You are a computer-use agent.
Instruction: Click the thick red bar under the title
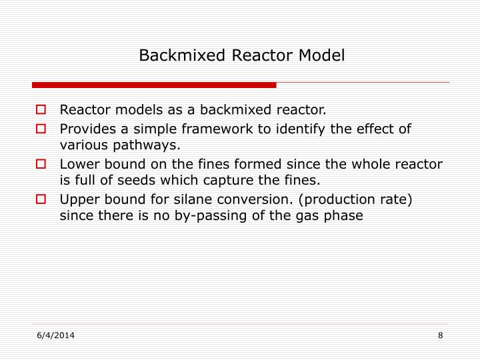click(154, 85)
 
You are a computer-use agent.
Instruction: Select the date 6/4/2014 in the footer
click(55, 335)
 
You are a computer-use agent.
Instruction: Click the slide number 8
click(441, 335)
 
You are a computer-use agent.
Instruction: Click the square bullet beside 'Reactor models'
click(41, 109)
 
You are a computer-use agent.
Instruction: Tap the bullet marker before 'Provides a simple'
click(41, 128)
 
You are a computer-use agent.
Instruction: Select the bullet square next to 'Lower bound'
click(41, 163)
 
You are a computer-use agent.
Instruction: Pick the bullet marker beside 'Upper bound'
click(41, 199)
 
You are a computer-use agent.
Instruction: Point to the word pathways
click(153, 145)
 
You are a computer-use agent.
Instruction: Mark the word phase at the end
click(344, 215)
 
